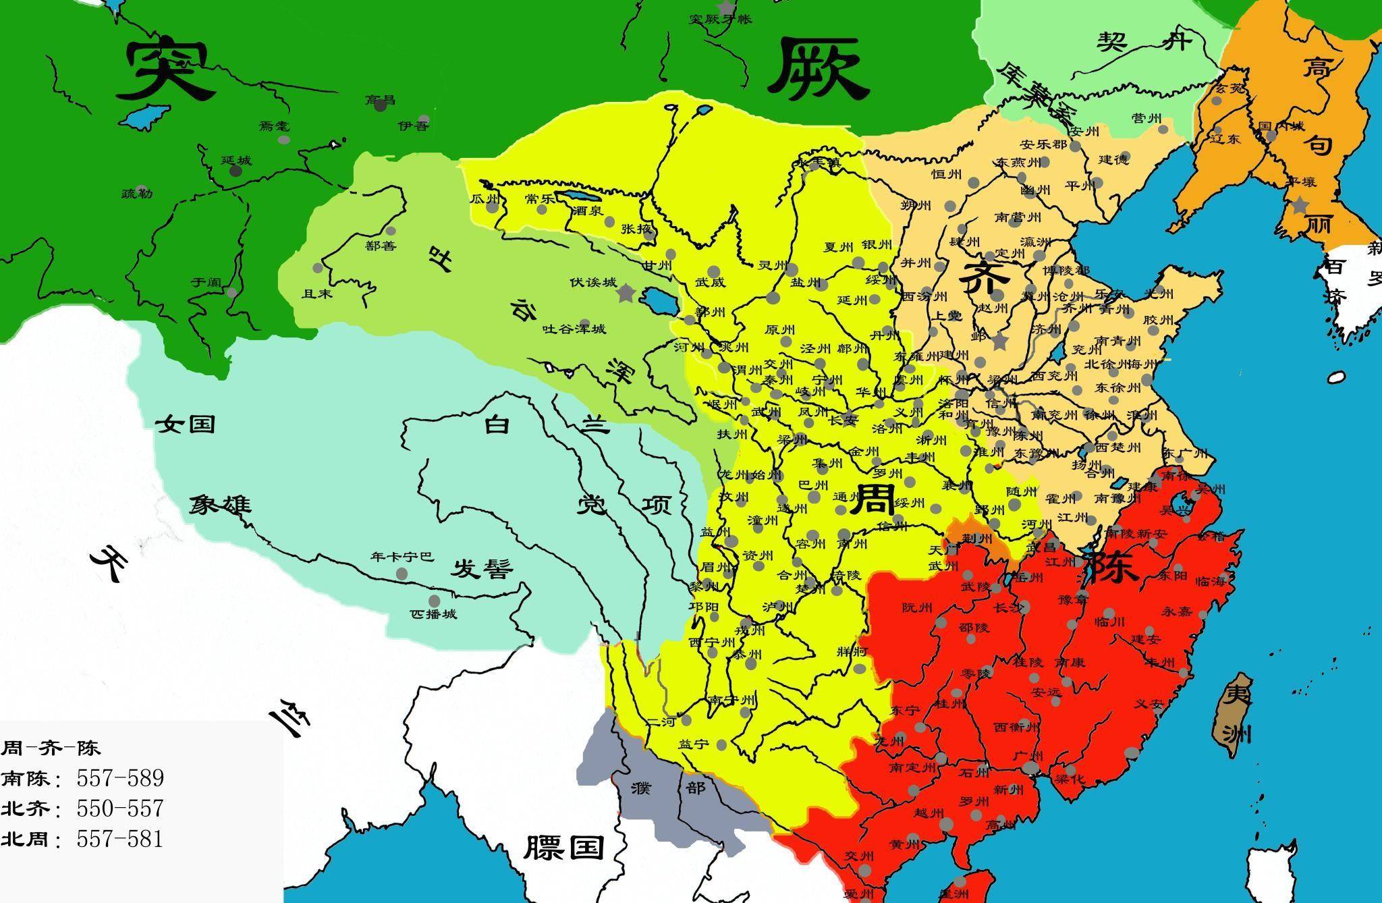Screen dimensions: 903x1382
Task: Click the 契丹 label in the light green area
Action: (1143, 43)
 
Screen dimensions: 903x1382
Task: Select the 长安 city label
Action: (842, 420)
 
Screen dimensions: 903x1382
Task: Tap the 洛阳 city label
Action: (953, 403)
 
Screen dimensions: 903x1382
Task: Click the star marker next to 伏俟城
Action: (626, 293)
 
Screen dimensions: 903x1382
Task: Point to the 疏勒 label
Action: (137, 194)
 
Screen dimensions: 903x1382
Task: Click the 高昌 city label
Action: (380, 101)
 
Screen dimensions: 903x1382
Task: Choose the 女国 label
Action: (186, 424)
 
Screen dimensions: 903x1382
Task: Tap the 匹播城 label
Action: (433, 614)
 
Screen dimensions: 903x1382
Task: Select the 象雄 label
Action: (220, 503)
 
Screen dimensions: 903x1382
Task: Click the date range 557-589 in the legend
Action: (120, 778)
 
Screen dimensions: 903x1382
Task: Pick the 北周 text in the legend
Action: (25, 840)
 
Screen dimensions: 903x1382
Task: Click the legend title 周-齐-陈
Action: (51, 748)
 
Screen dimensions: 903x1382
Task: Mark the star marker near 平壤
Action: (1300, 204)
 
